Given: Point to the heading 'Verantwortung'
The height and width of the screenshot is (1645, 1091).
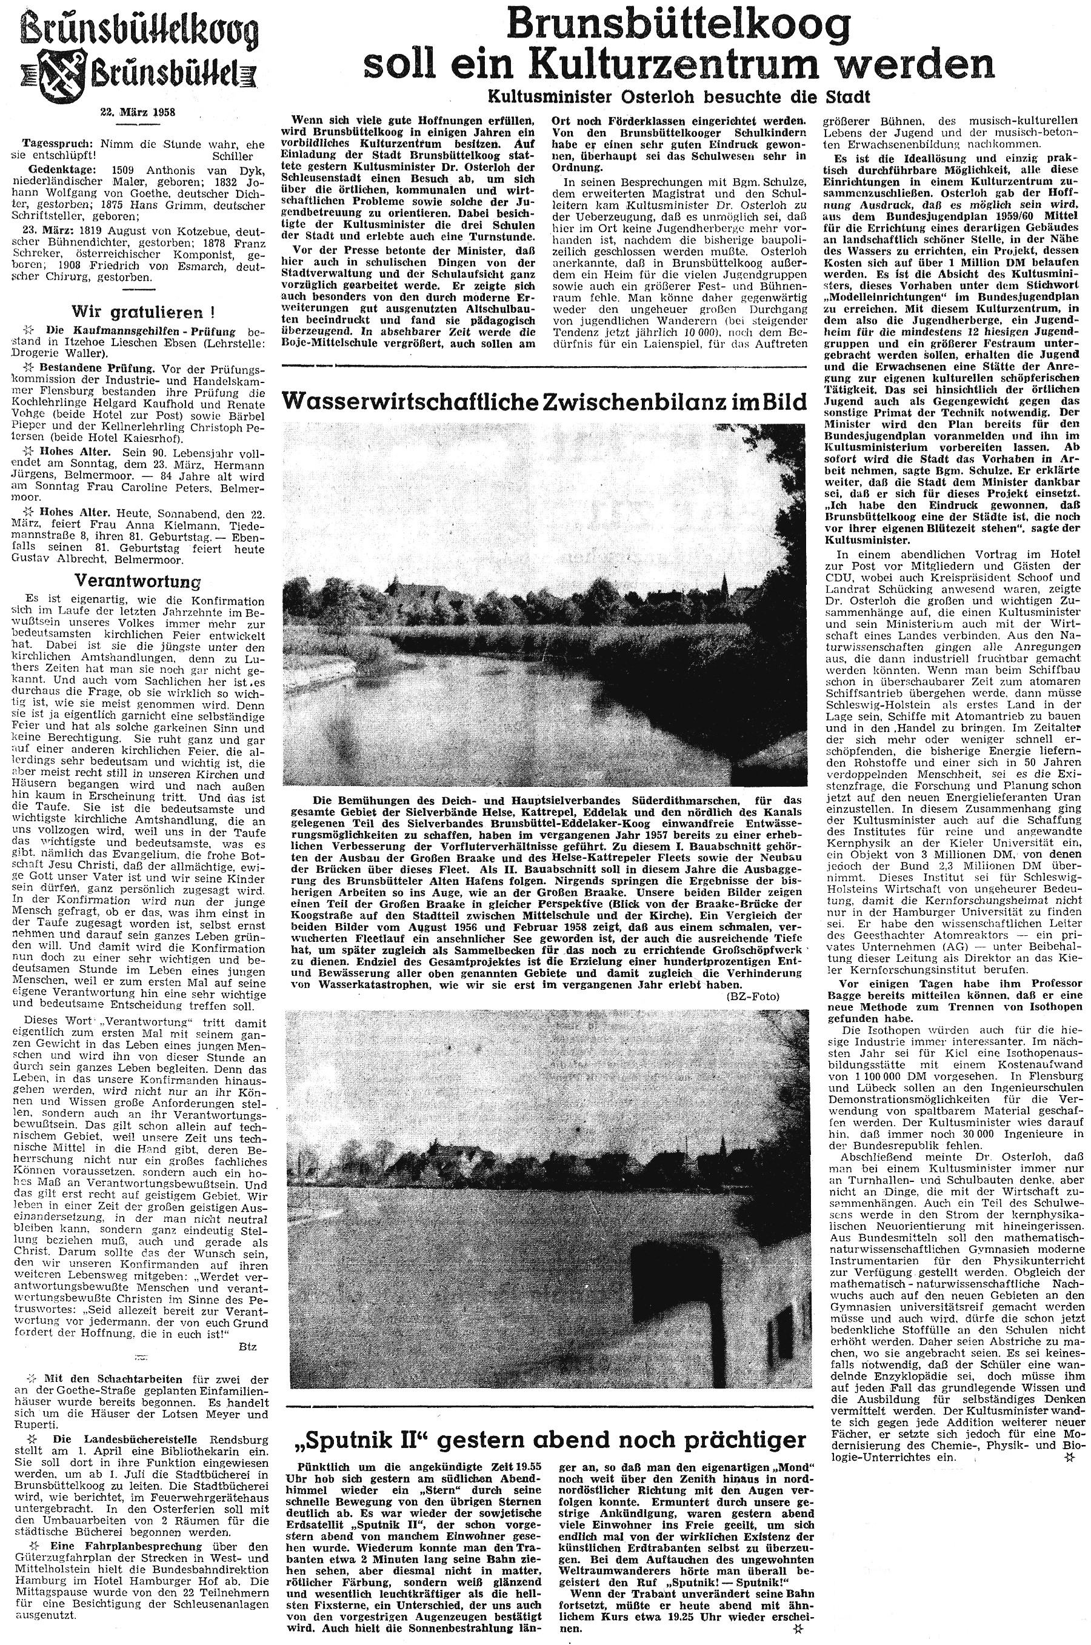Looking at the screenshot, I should click(x=137, y=581).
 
